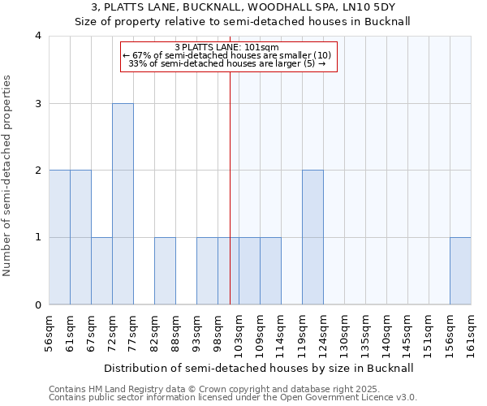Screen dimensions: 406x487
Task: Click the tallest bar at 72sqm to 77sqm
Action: tap(123, 204)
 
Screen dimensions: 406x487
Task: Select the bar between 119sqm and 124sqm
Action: tap(312, 237)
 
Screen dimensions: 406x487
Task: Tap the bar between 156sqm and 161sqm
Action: tap(460, 271)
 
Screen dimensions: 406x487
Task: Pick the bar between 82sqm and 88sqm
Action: tap(165, 271)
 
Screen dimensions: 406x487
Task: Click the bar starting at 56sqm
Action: tap(59, 237)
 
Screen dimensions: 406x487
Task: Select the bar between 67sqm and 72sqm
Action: tap(101, 271)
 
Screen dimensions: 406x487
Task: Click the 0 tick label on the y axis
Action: tap(37, 305)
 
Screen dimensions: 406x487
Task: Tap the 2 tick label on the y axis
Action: tap(37, 171)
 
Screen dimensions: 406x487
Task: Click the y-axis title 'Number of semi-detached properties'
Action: tap(8, 175)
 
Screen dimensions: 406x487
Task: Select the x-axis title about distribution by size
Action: tap(260, 368)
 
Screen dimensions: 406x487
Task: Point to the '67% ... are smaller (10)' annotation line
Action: tap(226, 55)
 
